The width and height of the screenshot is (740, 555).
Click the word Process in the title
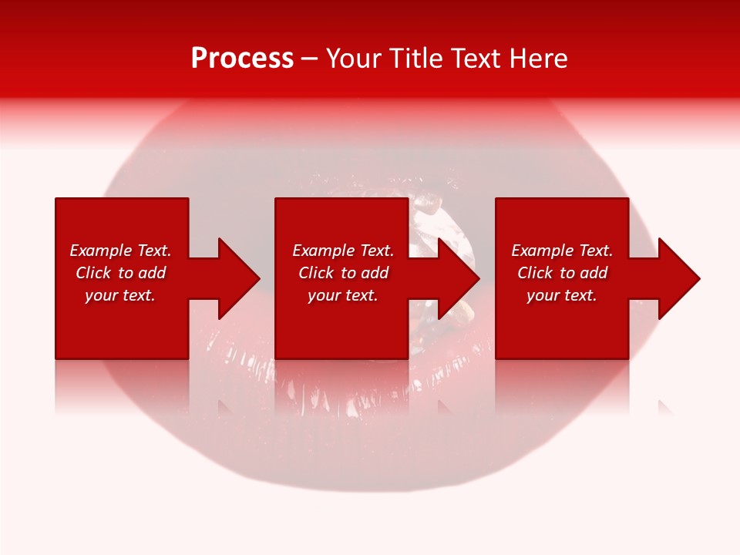tap(242, 59)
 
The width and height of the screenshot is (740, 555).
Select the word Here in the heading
tap(537, 59)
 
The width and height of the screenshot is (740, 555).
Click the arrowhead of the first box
tap(238, 278)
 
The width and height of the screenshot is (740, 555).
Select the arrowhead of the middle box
tap(458, 278)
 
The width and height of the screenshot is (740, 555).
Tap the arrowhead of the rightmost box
tap(678, 278)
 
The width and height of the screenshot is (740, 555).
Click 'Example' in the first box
tap(101, 251)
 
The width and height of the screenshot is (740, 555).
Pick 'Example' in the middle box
tap(324, 251)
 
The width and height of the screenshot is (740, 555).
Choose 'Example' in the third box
tap(543, 251)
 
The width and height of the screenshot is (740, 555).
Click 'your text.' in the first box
tap(120, 295)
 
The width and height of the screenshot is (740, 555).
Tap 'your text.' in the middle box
tap(343, 295)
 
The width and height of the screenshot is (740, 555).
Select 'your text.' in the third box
tap(562, 295)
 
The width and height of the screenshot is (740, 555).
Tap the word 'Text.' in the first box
tap(154, 251)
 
